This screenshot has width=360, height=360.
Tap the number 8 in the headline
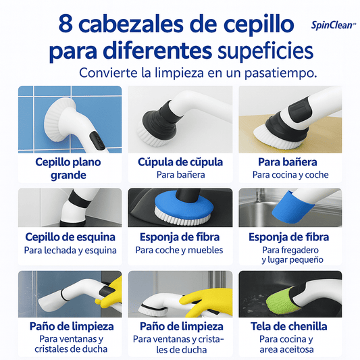(x=66, y=24)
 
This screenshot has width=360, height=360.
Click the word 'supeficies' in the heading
(x=265, y=51)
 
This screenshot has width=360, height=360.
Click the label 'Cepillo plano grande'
(x=68, y=169)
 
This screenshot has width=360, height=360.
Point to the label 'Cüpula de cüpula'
(x=180, y=162)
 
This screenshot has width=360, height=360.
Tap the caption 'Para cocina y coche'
(x=290, y=175)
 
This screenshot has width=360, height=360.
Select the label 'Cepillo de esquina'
(x=70, y=237)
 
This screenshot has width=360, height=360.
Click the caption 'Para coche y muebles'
(x=179, y=250)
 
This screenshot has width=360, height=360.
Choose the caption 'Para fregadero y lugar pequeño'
(x=290, y=255)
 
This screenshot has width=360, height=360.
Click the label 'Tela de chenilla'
(x=289, y=326)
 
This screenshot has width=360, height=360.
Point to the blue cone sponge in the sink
(x=292, y=209)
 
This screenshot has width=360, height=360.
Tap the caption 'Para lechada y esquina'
(x=70, y=251)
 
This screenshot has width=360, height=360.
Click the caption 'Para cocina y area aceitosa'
(x=286, y=344)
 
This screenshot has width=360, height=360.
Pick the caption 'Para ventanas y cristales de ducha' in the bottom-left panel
(x=71, y=344)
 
